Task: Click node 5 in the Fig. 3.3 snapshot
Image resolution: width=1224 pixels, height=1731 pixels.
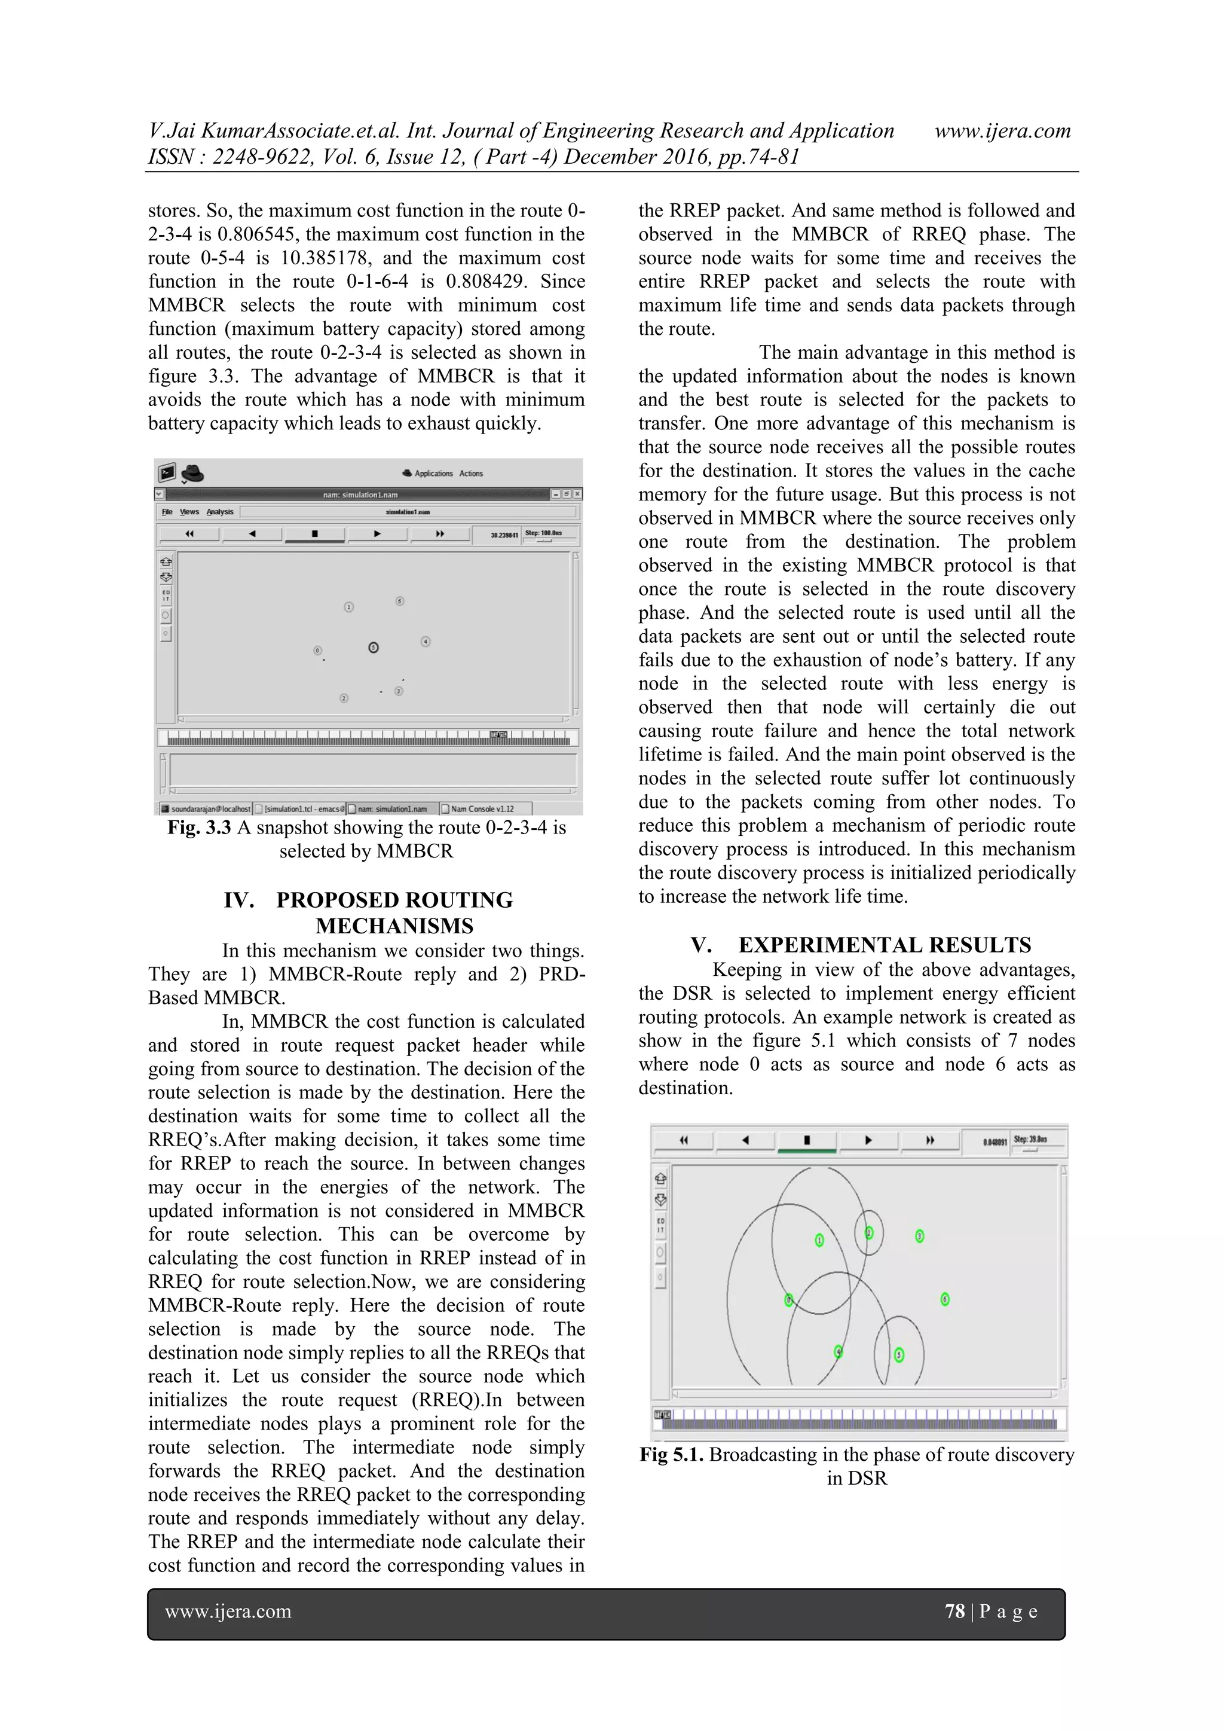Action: pos(373,647)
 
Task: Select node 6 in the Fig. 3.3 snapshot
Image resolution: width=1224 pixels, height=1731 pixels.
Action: pos(399,601)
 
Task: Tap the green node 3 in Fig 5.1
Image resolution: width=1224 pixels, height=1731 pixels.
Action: pos(920,1236)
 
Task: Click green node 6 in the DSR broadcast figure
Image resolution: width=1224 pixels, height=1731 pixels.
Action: pos(945,1299)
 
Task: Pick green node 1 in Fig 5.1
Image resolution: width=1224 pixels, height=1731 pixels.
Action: pos(820,1240)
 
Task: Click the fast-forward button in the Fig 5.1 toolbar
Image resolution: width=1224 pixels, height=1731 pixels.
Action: pos(930,1141)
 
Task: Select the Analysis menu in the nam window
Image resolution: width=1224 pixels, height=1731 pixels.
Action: pos(220,512)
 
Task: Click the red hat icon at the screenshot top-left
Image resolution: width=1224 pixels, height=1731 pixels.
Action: pos(193,473)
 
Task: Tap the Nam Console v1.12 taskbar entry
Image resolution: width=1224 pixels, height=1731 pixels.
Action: pos(482,809)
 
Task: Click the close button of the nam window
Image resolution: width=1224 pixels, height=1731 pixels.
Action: pos(577,494)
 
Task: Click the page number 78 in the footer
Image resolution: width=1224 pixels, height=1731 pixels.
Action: pos(954,1611)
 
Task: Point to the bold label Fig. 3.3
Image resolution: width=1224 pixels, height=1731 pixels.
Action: pos(199,828)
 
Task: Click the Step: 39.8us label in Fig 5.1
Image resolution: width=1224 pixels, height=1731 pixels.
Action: pos(1030,1139)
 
